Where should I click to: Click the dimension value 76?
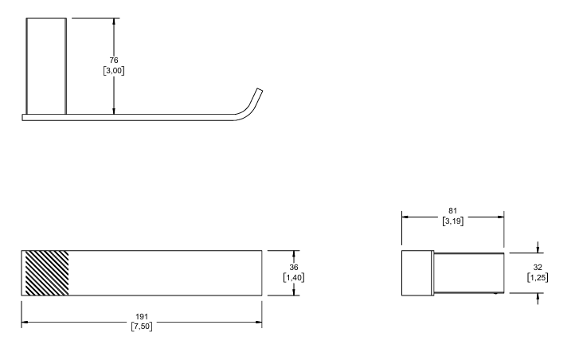tap(114, 61)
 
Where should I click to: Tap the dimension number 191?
tap(142, 317)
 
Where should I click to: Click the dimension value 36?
tap(294, 268)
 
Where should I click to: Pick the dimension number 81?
tap(452, 211)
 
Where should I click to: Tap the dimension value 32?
tap(538, 268)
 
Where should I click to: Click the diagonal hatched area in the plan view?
tap(46, 273)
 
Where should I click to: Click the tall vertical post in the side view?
tap(46, 66)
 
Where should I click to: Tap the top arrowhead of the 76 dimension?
tap(114, 22)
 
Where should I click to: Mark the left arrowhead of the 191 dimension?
tap(25, 323)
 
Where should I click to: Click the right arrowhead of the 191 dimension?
tap(259, 323)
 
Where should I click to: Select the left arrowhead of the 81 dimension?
tap(405, 217)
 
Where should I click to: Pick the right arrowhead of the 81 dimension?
tap(500, 217)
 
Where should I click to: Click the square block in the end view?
tap(417, 273)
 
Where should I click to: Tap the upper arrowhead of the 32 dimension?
tap(538, 249)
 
